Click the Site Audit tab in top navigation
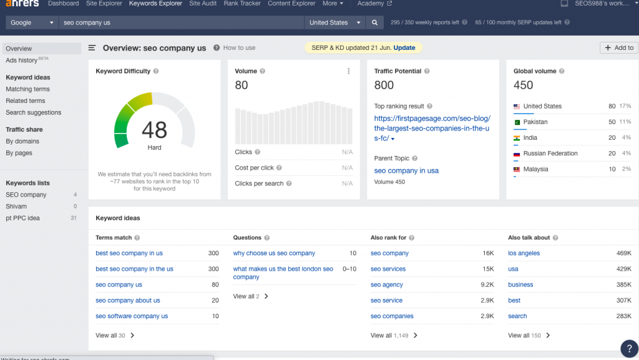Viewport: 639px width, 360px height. click(x=203, y=4)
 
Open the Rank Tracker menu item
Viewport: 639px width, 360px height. click(x=242, y=4)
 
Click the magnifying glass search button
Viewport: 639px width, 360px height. click(x=374, y=22)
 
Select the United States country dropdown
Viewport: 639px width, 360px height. click(x=335, y=22)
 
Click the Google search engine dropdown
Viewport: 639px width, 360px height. click(x=33, y=22)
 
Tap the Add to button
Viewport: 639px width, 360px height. click(x=618, y=48)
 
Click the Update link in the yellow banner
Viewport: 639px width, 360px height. click(x=404, y=48)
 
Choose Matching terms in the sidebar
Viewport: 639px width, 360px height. click(x=28, y=89)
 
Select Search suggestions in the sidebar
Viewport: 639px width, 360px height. click(x=34, y=113)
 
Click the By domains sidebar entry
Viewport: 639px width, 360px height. click(x=22, y=142)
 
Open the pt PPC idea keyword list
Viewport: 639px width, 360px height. click(x=22, y=218)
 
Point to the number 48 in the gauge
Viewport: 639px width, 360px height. click(x=154, y=130)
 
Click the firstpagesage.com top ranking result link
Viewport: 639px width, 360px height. click(x=432, y=128)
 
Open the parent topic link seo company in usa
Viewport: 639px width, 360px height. click(x=406, y=171)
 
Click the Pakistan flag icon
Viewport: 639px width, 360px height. click(x=517, y=122)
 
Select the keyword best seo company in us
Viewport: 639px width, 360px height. click(x=129, y=253)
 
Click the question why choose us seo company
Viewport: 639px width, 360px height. click(x=274, y=253)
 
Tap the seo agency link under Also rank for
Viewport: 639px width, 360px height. click(x=387, y=285)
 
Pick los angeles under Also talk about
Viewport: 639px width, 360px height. click(x=524, y=253)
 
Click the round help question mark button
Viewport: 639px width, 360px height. click(x=628, y=348)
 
